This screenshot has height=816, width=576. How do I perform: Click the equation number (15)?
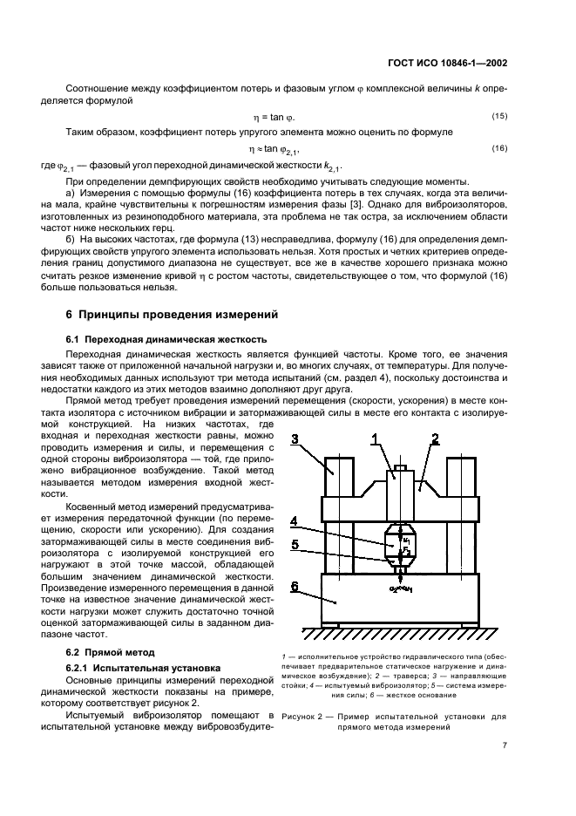[x=499, y=116]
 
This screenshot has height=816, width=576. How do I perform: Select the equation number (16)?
[x=499, y=148]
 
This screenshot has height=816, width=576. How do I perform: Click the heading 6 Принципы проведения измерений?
[x=172, y=313]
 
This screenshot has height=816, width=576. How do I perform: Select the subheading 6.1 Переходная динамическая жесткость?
[x=166, y=338]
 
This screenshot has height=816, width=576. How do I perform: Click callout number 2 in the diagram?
[x=435, y=439]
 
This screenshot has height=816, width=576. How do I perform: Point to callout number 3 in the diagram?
[x=296, y=439]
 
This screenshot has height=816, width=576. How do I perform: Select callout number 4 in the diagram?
[x=295, y=522]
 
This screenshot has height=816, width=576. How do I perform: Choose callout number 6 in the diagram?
[x=295, y=587]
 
